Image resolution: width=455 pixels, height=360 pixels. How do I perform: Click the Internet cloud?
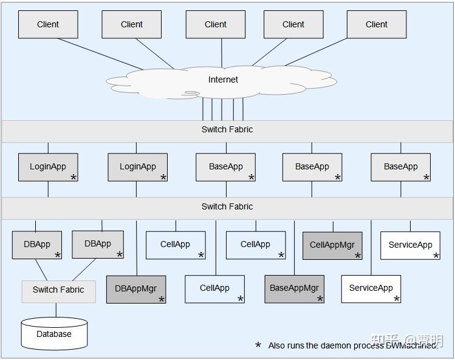pyautogui.click(x=223, y=80)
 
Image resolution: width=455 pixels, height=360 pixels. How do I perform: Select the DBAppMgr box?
pyautogui.click(x=135, y=289)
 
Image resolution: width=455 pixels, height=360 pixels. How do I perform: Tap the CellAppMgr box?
pyautogui.click(x=332, y=245)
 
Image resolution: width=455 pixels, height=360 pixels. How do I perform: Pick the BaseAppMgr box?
pyautogui.click(x=294, y=288)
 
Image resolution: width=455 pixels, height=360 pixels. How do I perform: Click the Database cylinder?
pyautogui.click(x=54, y=333)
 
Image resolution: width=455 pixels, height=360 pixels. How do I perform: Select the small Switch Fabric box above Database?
pyautogui.click(x=58, y=290)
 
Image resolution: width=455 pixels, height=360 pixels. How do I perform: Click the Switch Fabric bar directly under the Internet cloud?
pyautogui.click(x=227, y=130)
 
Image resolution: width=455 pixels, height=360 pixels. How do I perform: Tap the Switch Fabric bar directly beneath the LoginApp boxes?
pyautogui.click(x=227, y=207)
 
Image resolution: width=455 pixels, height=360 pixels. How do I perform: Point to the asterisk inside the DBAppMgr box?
pyautogui.click(x=161, y=299)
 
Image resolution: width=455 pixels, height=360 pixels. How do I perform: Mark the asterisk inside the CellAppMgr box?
pyautogui.click(x=357, y=256)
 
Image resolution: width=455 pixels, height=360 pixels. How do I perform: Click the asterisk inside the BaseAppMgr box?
pyautogui.click(x=320, y=299)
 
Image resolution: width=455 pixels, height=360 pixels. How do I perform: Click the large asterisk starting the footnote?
pyautogui.click(x=258, y=345)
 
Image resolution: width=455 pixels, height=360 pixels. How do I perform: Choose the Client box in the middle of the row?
pyautogui.click(x=215, y=25)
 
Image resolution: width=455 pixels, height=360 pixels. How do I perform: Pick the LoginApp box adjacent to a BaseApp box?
pyautogui.click(x=137, y=167)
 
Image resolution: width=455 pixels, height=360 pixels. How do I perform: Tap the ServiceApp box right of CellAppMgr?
pyautogui.click(x=410, y=245)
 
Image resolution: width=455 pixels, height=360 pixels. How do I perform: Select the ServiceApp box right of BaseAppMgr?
pyautogui.click(x=371, y=288)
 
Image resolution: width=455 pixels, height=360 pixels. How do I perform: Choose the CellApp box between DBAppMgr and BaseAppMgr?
pyautogui.click(x=214, y=288)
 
